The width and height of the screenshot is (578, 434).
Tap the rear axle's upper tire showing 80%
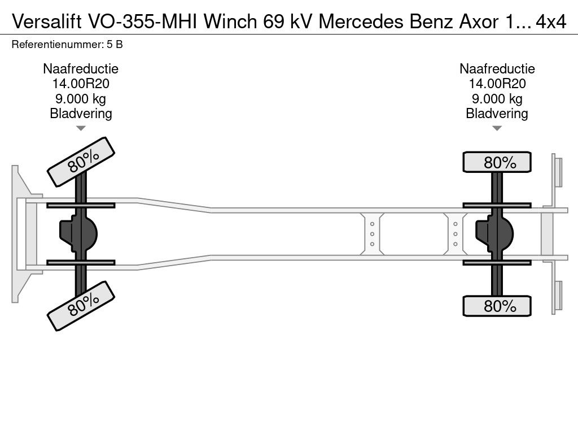pos(497,162)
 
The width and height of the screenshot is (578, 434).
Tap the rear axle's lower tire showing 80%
pos(497,306)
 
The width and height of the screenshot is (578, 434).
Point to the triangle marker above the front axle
pos(81,128)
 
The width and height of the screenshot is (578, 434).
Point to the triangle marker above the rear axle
pos(497,128)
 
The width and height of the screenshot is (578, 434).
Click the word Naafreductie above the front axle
pos(81,69)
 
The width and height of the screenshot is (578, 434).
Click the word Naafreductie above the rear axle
pos(497,69)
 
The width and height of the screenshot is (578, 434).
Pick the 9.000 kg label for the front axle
pos(81,99)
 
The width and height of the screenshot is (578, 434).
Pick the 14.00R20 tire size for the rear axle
pos(497,84)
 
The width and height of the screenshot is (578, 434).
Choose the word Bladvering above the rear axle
pos(497,114)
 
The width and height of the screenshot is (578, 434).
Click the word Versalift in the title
pos(46,21)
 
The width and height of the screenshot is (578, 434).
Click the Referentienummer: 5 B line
pos(67,45)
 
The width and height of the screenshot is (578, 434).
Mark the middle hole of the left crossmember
pos(373,233)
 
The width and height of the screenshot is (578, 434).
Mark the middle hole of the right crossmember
pos(455,233)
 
